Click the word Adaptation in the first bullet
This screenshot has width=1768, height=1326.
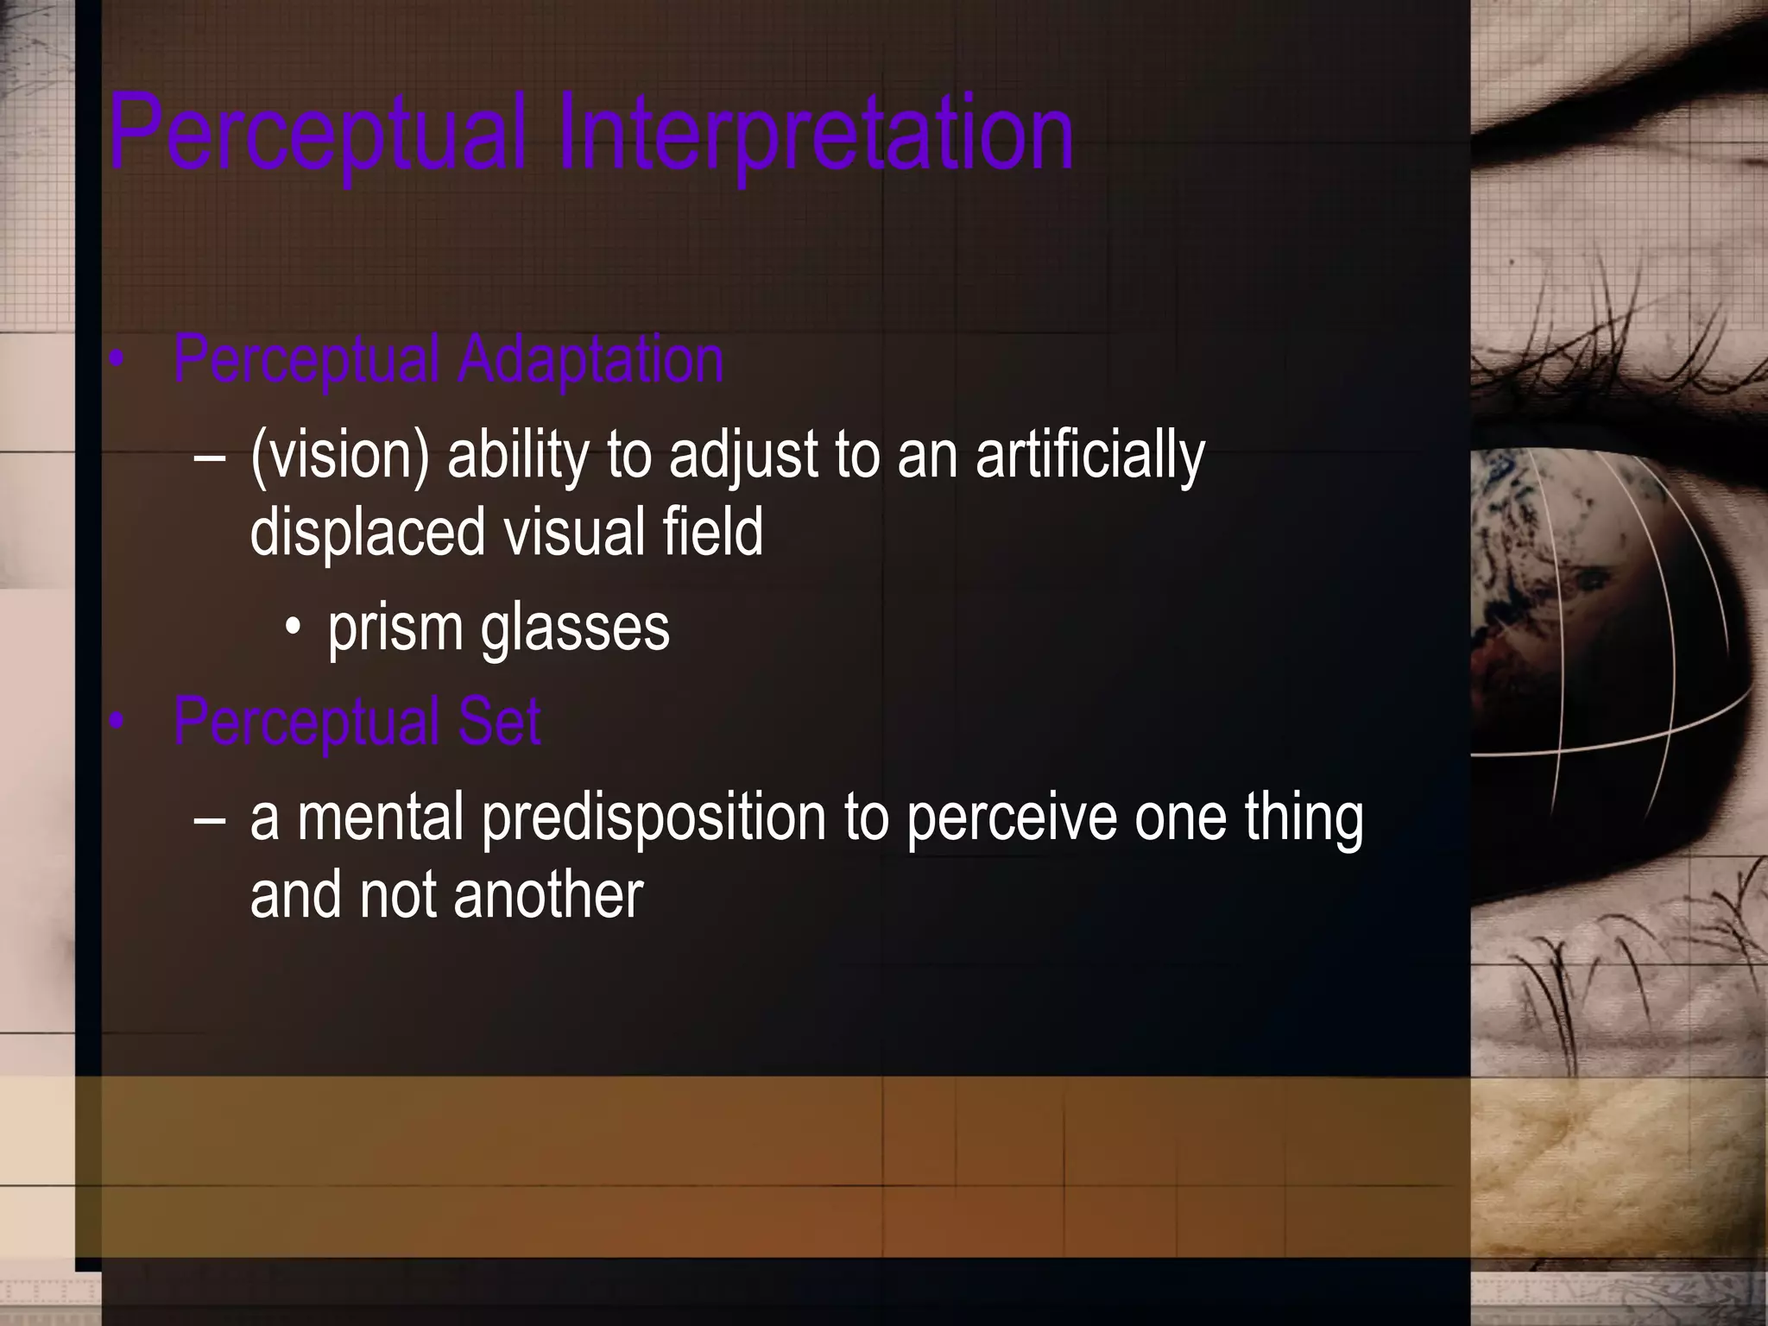click(590, 360)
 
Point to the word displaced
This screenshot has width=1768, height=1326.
click(368, 532)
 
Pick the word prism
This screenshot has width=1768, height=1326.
click(395, 628)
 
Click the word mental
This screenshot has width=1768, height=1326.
click(381, 818)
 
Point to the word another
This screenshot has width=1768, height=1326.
click(548, 895)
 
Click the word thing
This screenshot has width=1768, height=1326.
click(1304, 818)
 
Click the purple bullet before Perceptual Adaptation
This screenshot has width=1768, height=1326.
click(118, 362)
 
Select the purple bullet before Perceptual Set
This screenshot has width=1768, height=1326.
click(118, 723)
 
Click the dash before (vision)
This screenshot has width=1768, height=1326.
click(210, 458)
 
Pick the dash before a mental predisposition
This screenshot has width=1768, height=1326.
click(210, 819)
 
